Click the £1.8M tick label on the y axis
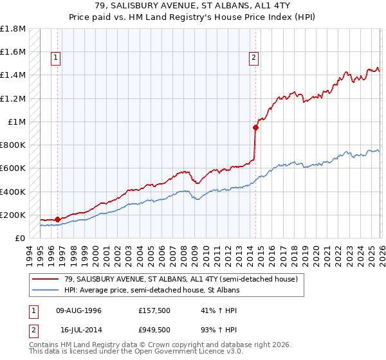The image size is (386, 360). tap(14, 29)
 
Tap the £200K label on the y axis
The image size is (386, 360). tap(13, 215)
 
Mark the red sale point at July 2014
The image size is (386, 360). tap(255, 127)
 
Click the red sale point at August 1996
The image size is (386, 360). tap(58, 220)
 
